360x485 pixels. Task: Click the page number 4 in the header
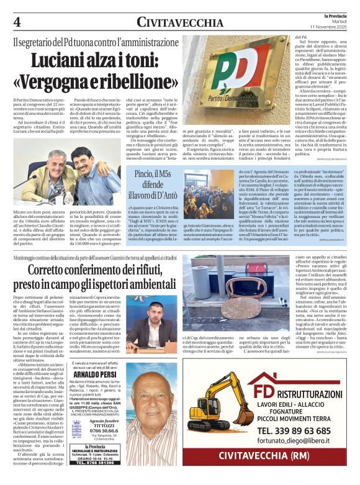pyautogui.click(x=17, y=20)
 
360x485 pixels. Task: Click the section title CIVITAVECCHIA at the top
pyautogui.click(x=179, y=22)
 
